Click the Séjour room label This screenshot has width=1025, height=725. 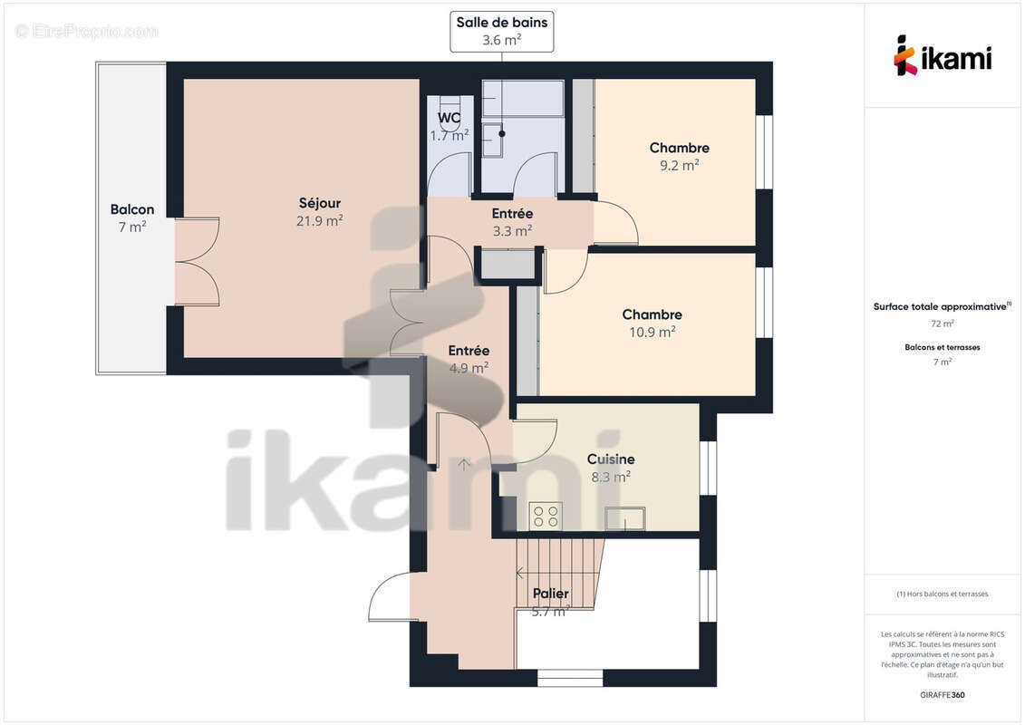pyautogui.click(x=320, y=203)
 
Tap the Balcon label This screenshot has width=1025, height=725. pyautogui.click(x=132, y=209)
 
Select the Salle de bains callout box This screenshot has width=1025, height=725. pyautogui.click(x=501, y=31)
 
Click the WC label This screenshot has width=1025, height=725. pyautogui.click(x=450, y=118)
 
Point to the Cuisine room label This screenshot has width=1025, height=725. pyautogui.click(x=610, y=459)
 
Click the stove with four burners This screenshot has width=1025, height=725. pyautogui.click(x=546, y=516)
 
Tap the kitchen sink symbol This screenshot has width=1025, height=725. pyautogui.click(x=625, y=518)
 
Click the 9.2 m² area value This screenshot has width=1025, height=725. pyautogui.click(x=679, y=165)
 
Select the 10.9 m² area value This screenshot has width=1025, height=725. pyautogui.click(x=652, y=332)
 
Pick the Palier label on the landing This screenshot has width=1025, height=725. pyautogui.click(x=551, y=594)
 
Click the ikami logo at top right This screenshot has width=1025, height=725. pyautogui.click(x=943, y=55)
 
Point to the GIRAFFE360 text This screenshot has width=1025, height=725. pyautogui.click(x=943, y=695)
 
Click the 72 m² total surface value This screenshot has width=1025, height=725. pyautogui.click(x=943, y=324)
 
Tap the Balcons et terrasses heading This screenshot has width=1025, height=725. pyautogui.click(x=943, y=347)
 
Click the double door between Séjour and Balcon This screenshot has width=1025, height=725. pyautogui.click(x=197, y=262)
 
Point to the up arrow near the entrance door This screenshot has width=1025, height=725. pyautogui.click(x=464, y=465)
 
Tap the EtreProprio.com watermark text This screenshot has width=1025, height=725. pyautogui.click(x=87, y=31)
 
